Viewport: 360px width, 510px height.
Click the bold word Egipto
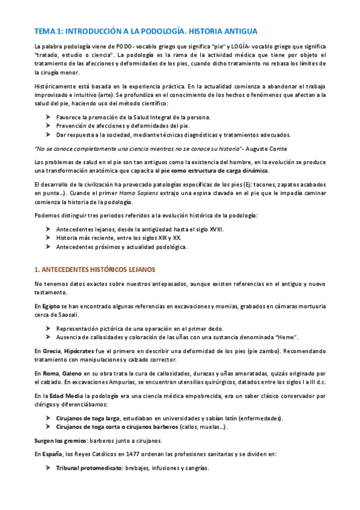point(51,306)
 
